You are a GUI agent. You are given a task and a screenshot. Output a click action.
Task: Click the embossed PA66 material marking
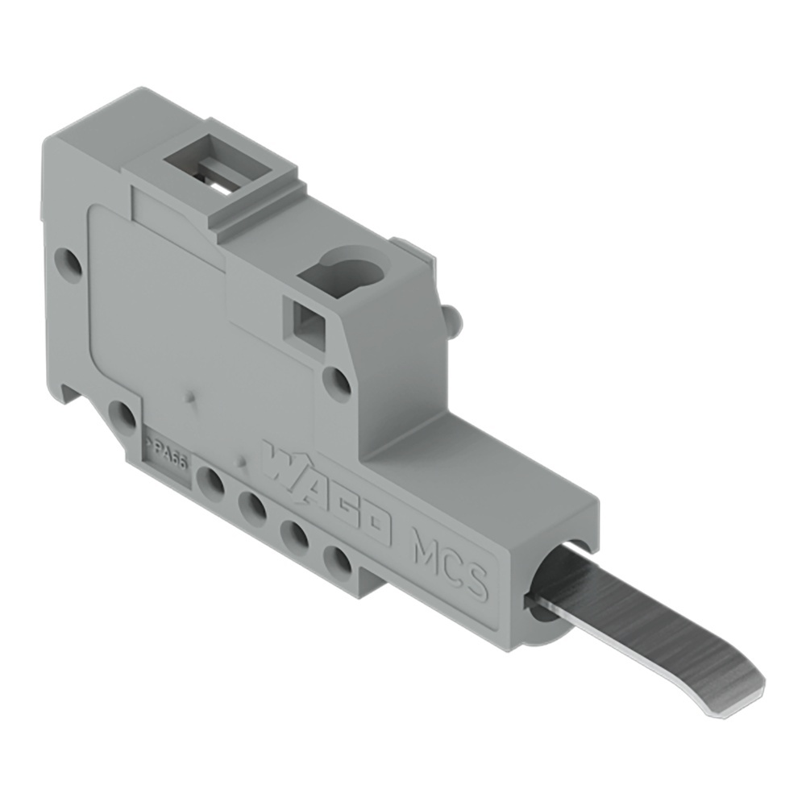pos(165,446)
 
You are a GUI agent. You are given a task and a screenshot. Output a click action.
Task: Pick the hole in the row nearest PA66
pos(210,483)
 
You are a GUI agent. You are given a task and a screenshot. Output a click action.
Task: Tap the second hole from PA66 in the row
pos(253,508)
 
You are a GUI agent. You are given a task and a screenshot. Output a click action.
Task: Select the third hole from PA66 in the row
pos(296,534)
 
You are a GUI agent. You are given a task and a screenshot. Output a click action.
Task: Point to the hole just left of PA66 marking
pos(123,416)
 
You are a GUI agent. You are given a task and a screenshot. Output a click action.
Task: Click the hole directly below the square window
pos(338,381)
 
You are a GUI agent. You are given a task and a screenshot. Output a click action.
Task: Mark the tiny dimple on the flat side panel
pos(189,397)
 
